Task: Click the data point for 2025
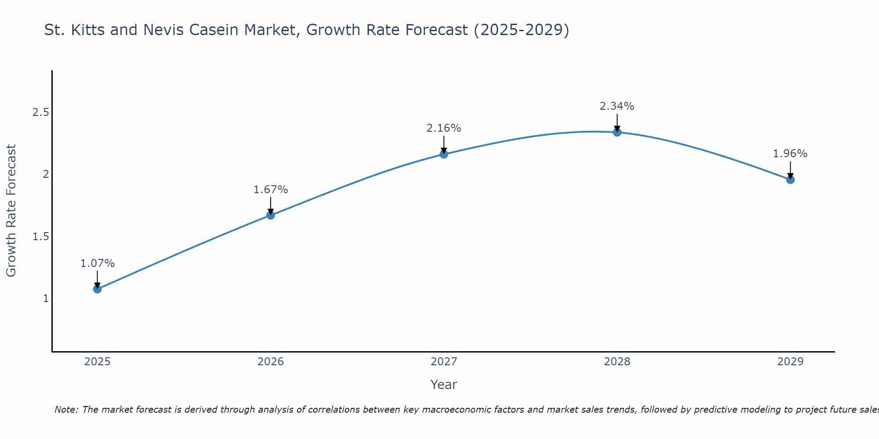click(x=97, y=289)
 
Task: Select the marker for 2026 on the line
click(x=271, y=215)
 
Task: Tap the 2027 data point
click(x=444, y=154)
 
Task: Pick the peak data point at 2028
click(x=617, y=132)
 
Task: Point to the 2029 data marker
click(x=790, y=180)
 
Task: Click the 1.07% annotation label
click(x=97, y=263)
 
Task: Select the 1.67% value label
click(x=271, y=190)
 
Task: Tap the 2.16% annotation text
click(x=444, y=128)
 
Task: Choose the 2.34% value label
click(x=617, y=106)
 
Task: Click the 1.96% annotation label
click(x=790, y=154)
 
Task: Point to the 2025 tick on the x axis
click(x=97, y=362)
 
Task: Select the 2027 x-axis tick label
click(x=444, y=362)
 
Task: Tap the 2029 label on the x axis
click(x=790, y=362)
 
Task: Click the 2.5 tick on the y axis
click(x=41, y=113)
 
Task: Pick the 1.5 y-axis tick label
click(x=41, y=237)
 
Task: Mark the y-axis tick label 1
click(x=46, y=299)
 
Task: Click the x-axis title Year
click(x=444, y=385)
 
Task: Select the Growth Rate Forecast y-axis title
click(x=11, y=211)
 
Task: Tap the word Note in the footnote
click(x=66, y=410)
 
